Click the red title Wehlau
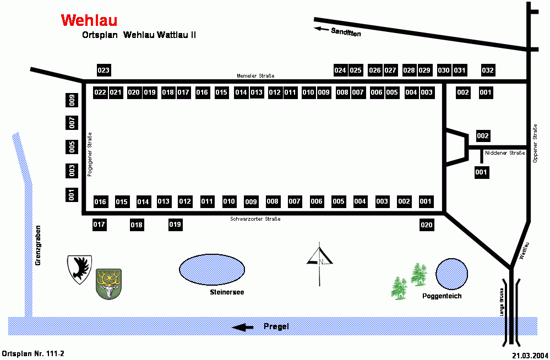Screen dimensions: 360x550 click(x=89, y=20)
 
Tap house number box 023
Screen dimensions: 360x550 click(x=104, y=70)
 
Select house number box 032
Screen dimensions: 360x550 click(x=488, y=70)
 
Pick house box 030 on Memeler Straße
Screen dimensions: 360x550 click(x=444, y=70)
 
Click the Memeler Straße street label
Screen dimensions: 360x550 click(x=255, y=76)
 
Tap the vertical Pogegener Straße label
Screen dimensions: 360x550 click(x=89, y=155)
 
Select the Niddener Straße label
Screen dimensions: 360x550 click(x=505, y=152)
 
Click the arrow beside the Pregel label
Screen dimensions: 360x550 click(x=243, y=327)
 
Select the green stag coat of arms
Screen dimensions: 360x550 click(x=108, y=284)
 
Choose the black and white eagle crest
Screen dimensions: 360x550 click(x=79, y=269)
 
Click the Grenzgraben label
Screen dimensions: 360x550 click(x=39, y=246)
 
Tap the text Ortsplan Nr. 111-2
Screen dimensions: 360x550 click(x=33, y=353)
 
